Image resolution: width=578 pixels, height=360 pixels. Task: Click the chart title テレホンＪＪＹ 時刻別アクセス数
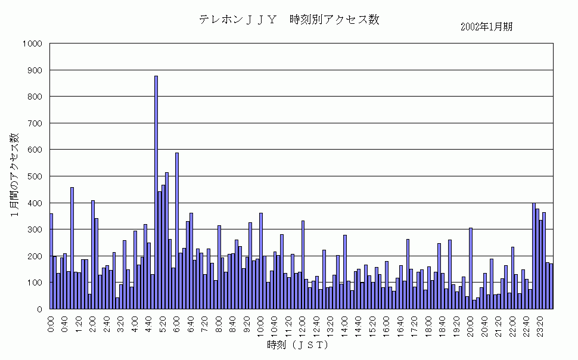[289, 20]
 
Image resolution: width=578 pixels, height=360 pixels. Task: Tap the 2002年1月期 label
[486, 27]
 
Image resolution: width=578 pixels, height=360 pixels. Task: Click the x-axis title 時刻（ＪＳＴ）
[299, 345]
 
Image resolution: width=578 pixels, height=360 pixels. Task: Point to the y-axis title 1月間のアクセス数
[15, 175]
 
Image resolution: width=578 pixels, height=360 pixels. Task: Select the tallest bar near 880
[156, 192]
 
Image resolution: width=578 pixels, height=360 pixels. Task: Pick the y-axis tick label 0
[38, 309]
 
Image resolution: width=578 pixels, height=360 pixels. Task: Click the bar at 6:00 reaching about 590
[177, 231]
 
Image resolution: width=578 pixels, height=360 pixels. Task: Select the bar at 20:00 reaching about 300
[471, 268]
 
